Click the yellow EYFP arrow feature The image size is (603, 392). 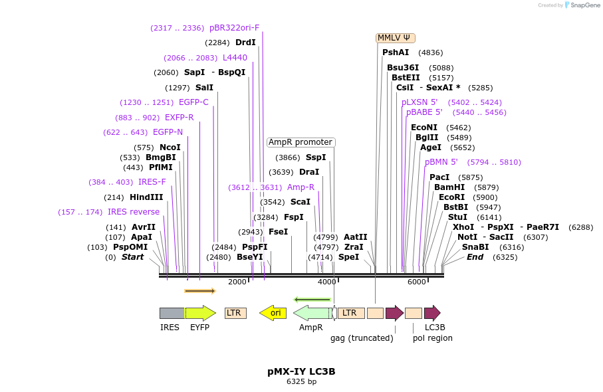(x=199, y=313)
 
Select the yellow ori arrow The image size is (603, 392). (x=273, y=313)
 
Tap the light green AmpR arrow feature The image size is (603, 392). (x=312, y=313)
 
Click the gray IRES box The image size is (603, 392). (x=172, y=313)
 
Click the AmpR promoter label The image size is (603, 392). (x=301, y=142)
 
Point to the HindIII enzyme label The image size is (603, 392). (x=146, y=197)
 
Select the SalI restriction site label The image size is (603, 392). (x=205, y=88)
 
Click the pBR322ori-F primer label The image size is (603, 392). (x=234, y=28)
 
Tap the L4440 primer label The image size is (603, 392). (x=235, y=58)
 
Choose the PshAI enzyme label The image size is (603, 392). (x=396, y=52)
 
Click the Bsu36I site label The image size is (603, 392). (x=403, y=68)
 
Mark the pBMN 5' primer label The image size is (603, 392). (x=441, y=162)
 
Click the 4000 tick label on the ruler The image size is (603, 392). (x=327, y=282)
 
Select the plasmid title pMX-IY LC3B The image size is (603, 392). (x=301, y=371)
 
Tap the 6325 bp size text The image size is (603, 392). (x=301, y=382)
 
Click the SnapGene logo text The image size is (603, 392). (x=583, y=5)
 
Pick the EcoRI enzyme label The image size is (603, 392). (x=451, y=197)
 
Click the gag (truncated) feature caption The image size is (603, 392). (x=362, y=338)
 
